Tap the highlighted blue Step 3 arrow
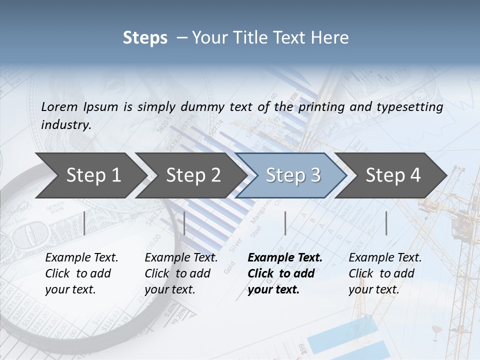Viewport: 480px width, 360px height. (293, 175)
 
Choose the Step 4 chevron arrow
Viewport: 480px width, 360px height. (393, 175)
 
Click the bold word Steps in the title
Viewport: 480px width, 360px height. (145, 38)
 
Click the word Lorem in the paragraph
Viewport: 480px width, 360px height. (59, 106)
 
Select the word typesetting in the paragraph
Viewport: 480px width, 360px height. (409, 107)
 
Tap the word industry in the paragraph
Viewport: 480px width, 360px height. (66, 124)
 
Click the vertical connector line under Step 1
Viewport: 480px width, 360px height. (84, 223)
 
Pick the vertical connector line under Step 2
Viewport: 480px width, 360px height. (184, 223)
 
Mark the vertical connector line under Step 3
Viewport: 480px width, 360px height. (285, 223)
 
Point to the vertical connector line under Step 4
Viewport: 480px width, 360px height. (386, 223)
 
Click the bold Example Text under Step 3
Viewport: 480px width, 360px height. (285, 257)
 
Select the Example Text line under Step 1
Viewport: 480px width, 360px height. (81, 257)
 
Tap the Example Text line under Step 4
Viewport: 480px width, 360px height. (385, 257)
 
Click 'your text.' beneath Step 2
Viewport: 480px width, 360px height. (170, 289)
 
